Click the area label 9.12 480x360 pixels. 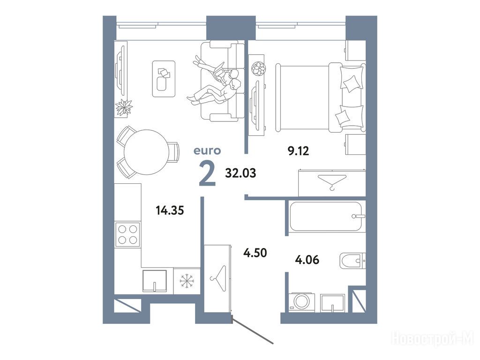[298, 150]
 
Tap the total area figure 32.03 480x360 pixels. [240, 173]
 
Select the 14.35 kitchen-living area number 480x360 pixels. [170, 210]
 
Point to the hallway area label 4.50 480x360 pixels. [255, 253]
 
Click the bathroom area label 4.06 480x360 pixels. [307, 260]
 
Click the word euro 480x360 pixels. [207, 150]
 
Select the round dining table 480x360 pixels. [146, 152]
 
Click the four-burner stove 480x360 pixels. [127, 234]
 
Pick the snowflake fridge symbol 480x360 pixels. [187, 281]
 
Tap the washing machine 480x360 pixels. [302, 302]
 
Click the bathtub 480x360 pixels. [326, 217]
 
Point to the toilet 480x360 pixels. [352, 261]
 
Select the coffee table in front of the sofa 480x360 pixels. [164, 79]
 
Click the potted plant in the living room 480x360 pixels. [124, 107]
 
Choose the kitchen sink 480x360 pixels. [155, 281]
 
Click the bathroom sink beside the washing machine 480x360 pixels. [332, 303]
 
